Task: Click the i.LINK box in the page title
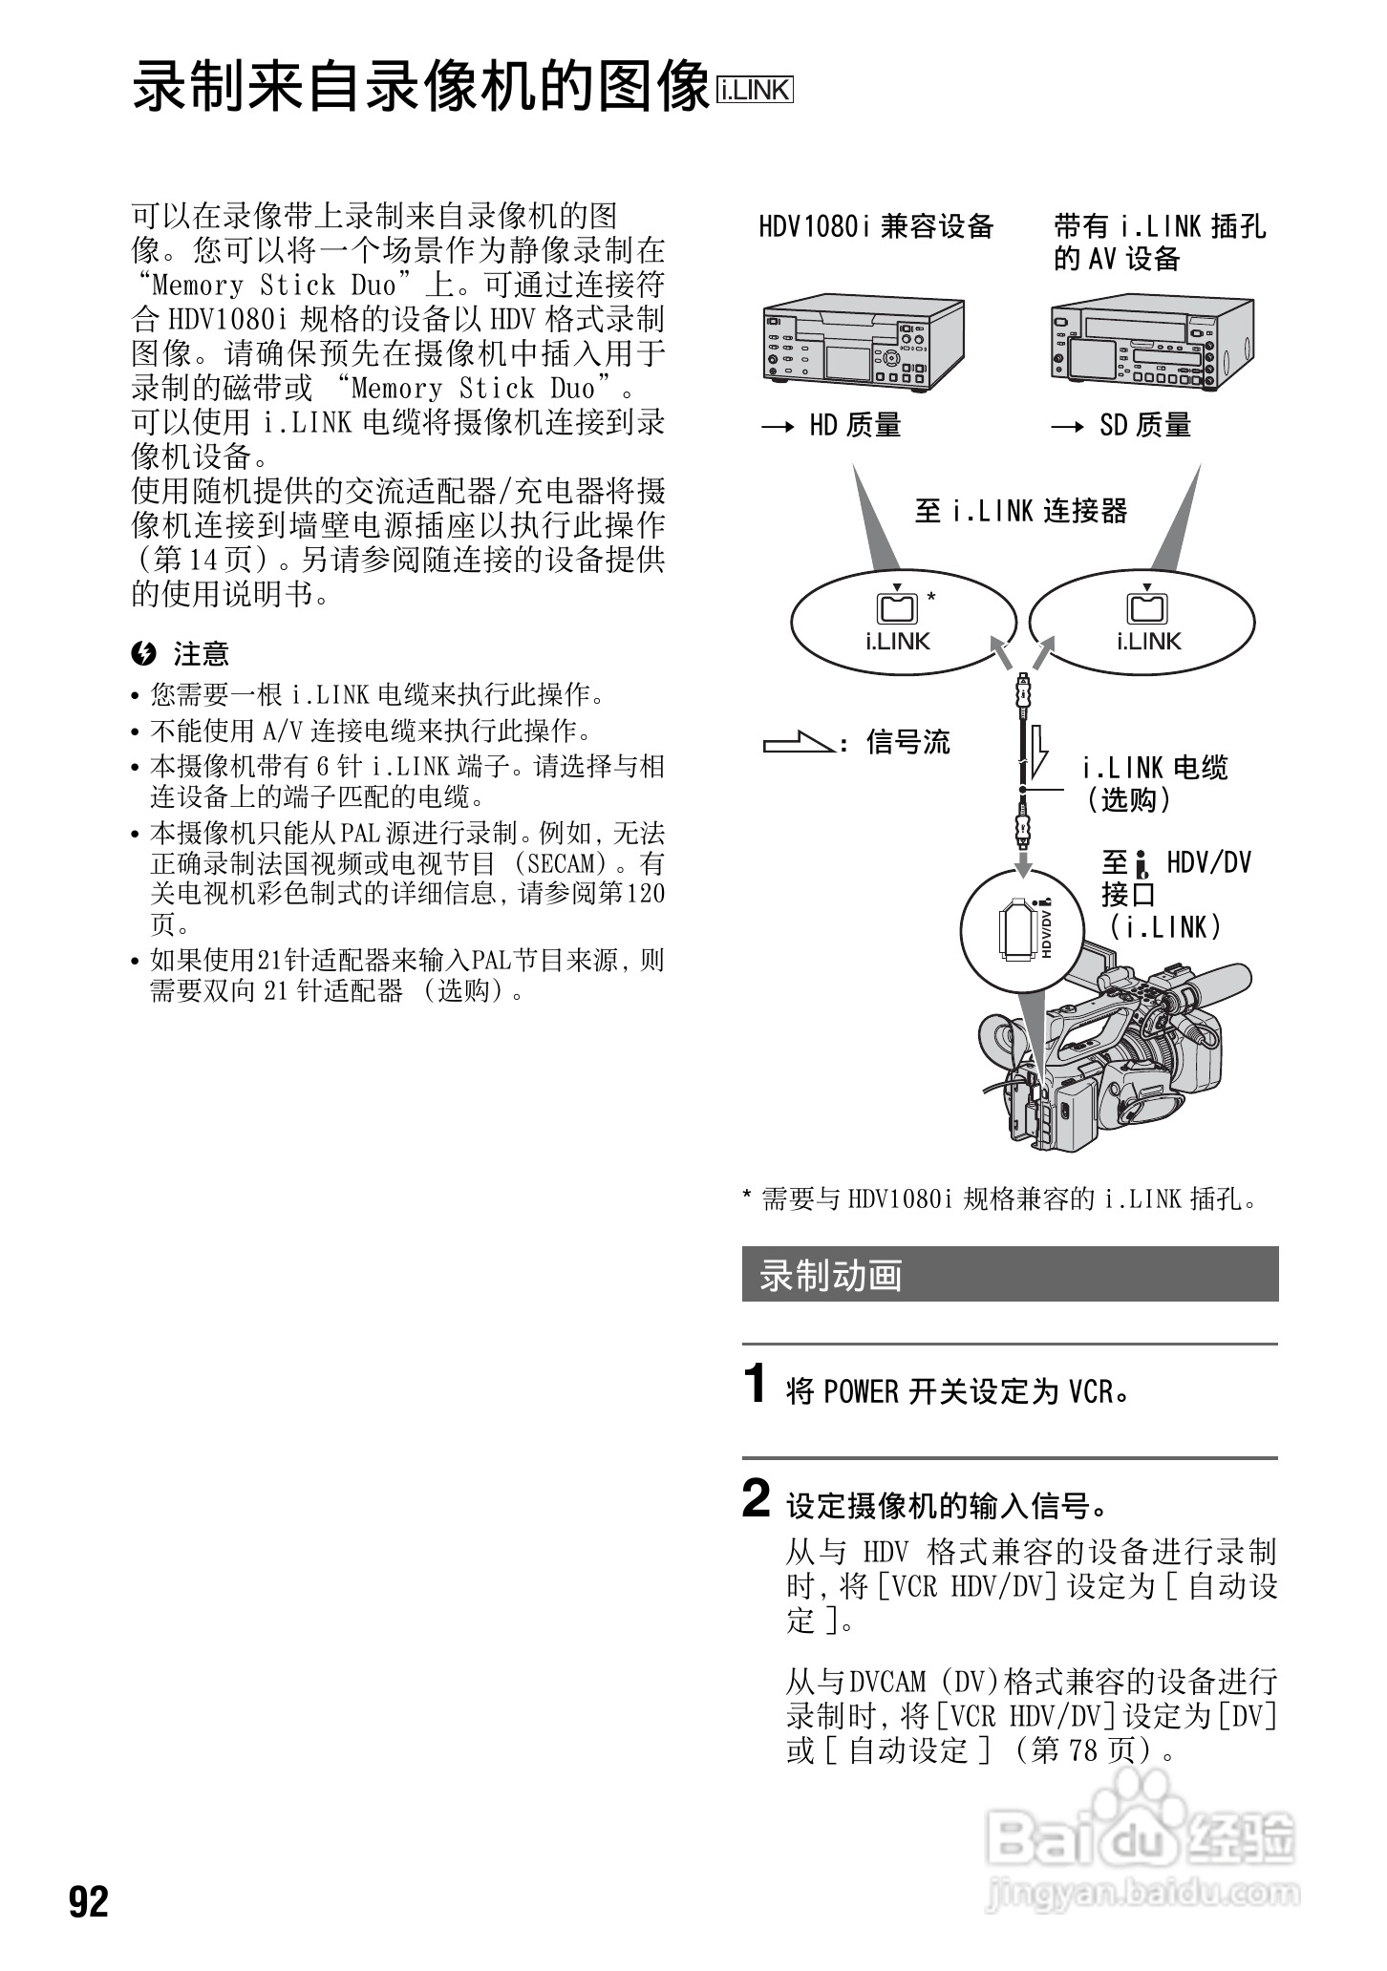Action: pos(755,91)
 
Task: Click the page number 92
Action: pos(89,1901)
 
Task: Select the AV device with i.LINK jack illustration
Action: pos(1150,342)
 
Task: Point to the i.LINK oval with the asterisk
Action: pos(903,622)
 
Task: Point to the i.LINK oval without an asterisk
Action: pos(1142,622)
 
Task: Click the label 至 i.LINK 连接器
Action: pos(1020,511)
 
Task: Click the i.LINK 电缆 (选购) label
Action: pos(1154,783)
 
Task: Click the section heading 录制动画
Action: pos(831,1276)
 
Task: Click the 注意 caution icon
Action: pos(143,654)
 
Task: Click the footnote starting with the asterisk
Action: pos(1003,1199)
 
